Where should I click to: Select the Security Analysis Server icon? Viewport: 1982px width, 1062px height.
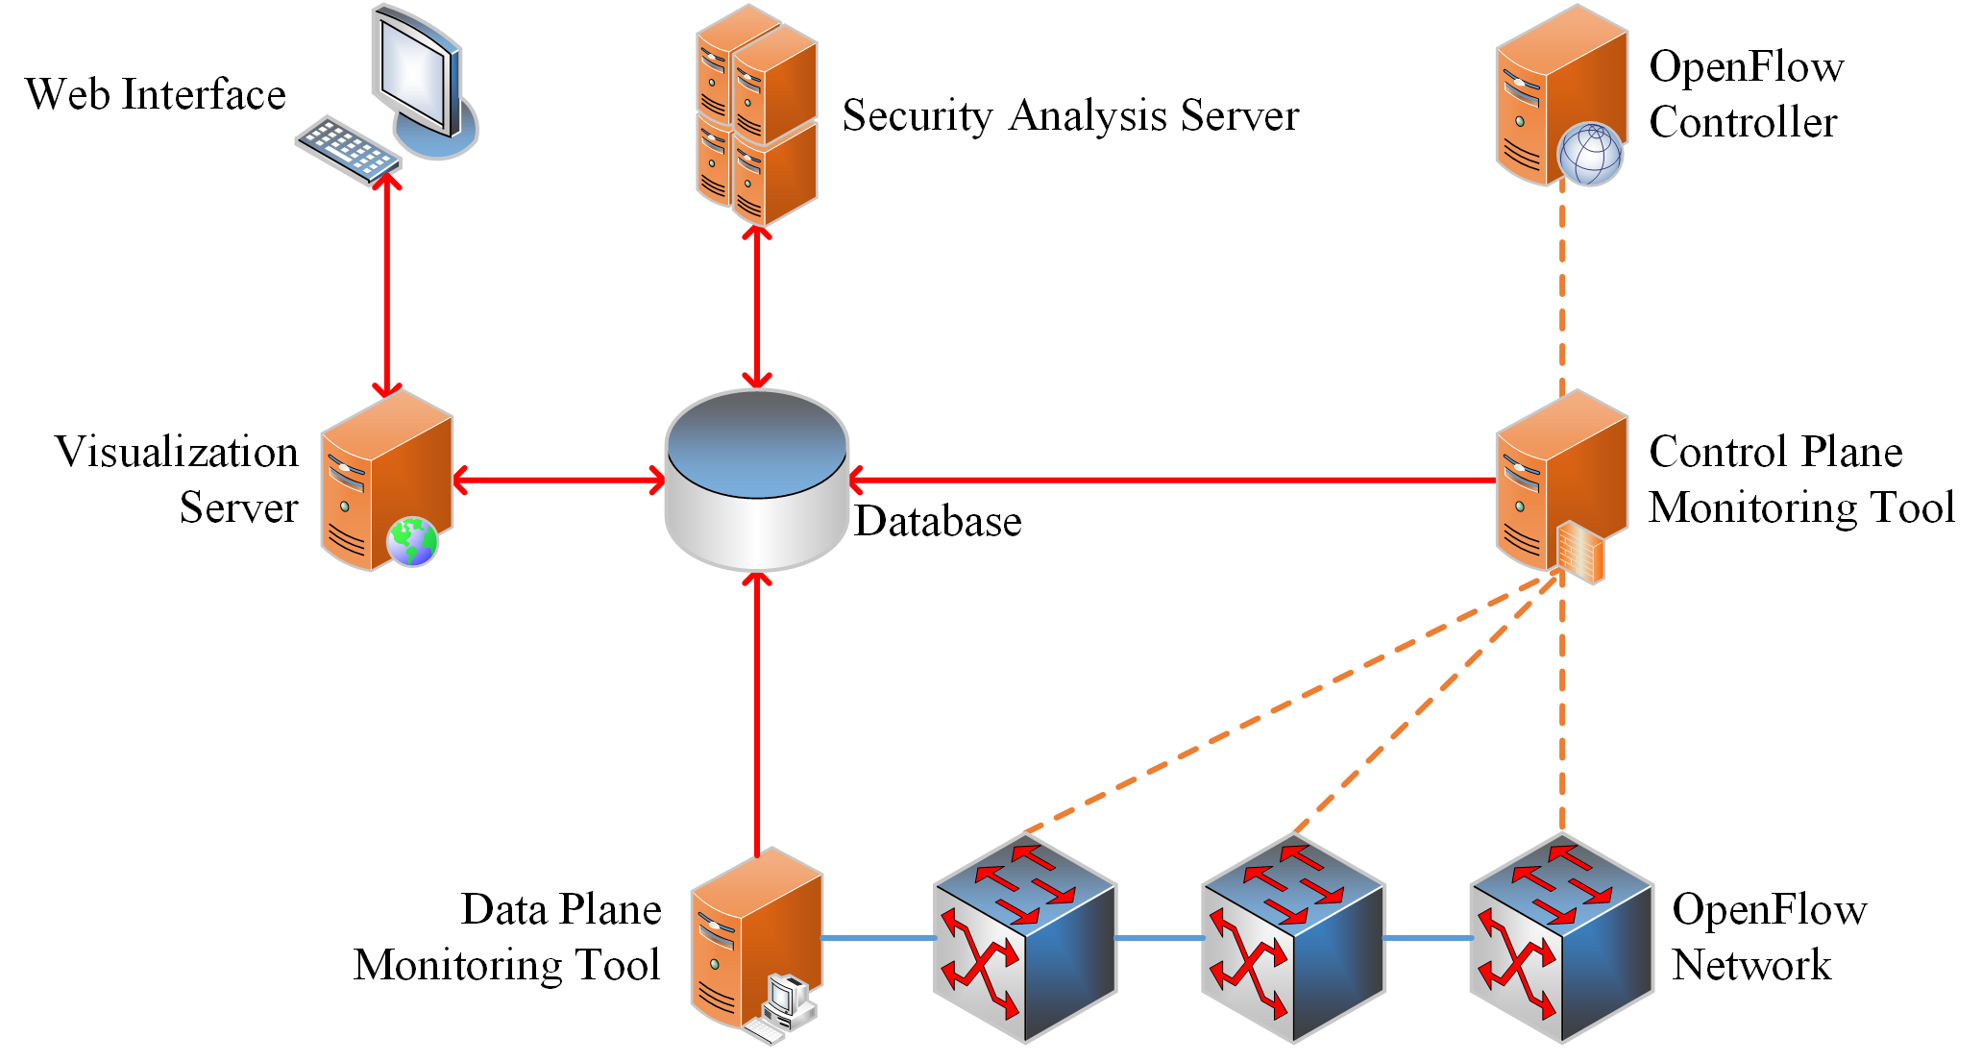click(757, 115)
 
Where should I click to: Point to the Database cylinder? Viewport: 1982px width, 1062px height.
click(757, 481)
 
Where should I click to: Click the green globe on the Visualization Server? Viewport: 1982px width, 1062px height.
click(412, 541)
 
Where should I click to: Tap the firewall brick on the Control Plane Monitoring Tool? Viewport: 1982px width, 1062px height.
click(1579, 552)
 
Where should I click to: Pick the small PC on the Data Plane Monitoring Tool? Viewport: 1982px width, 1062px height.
click(787, 1004)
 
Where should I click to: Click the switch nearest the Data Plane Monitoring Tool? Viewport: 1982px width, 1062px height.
click(1024, 938)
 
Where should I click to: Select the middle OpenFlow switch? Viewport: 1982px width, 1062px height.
click(1292, 938)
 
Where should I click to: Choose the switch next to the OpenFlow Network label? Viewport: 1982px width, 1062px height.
click(1561, 938)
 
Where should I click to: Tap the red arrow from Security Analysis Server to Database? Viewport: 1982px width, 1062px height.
click(757, 308)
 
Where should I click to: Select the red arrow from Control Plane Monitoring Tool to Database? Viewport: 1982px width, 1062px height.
click(1172, 480)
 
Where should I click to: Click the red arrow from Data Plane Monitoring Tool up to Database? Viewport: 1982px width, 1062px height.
click(757, 711)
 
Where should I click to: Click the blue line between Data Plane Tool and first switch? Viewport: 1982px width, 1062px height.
click(876, 938)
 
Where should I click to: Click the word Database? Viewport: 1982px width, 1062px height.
click(938, 522)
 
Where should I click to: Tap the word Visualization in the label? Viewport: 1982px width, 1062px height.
click(177, 452)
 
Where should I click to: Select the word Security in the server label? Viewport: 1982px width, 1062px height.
click(917, 116)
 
